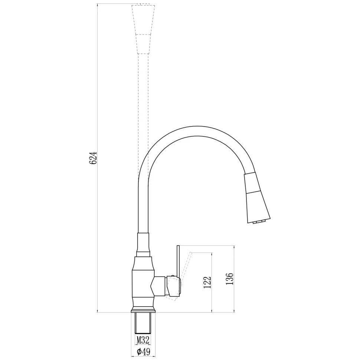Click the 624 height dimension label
pyautogui.click(x=93, y=158)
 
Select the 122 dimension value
pyautogui.click(x=207, y=282)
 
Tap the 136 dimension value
pyautogui.click(x=230, y=279)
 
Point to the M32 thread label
pyautogui.click(x=143, y=340)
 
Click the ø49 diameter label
pyautogui.click(x=143, y=351)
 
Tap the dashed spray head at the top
pyautogui.click(x=143, y=29)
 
